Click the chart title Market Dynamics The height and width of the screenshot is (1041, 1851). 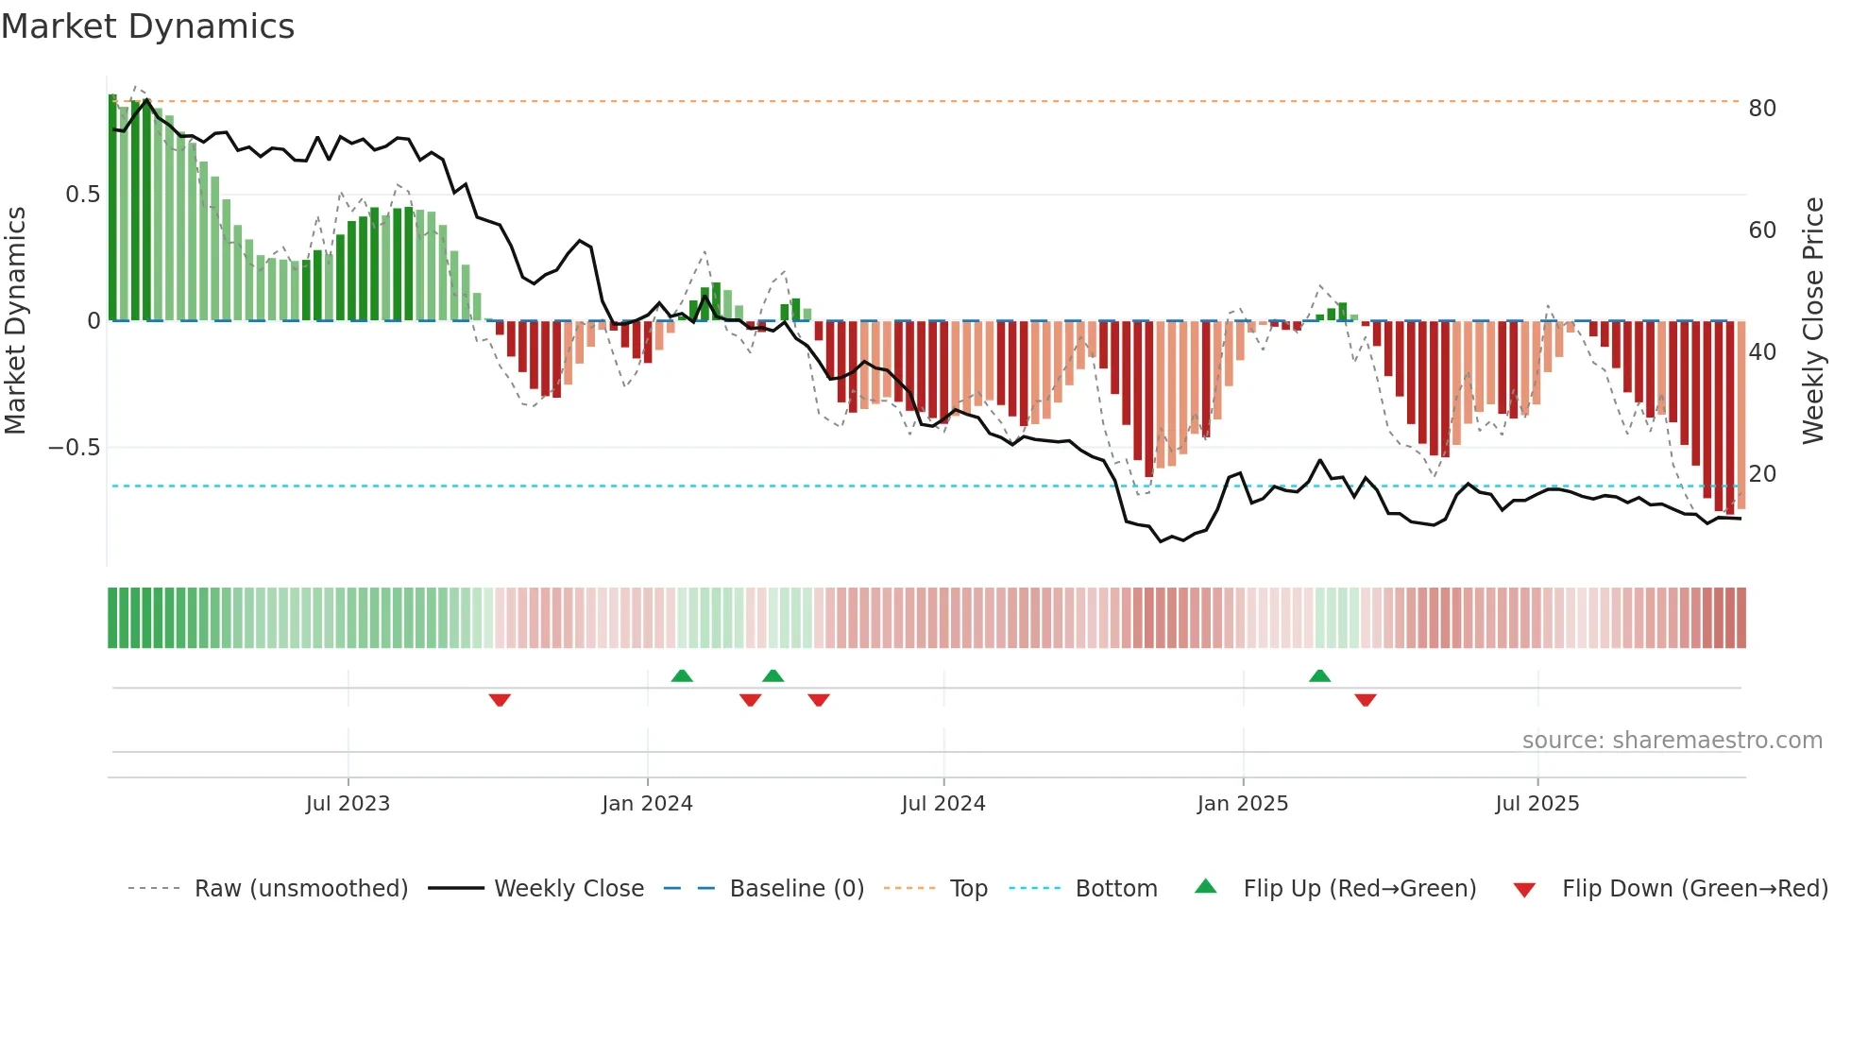pos(148,26)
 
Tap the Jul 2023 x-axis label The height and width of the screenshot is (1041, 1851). pos(348,804)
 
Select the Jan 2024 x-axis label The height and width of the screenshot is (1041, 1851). pos(647,804)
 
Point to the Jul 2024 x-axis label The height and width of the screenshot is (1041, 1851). pos(942,804)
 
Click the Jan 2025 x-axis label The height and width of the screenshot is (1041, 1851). pos(1242,804)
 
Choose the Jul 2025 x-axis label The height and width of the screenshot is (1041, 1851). pos(1537,804)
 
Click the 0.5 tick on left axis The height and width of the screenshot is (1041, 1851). pos(82,195)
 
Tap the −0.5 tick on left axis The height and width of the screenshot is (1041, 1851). pos(75,448)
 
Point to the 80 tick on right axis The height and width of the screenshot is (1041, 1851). pos(1762,109)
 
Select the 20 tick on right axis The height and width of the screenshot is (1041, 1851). pos(1762,474)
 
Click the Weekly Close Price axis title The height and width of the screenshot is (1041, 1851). pos(1812,321)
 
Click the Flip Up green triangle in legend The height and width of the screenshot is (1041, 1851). pos(1206,886)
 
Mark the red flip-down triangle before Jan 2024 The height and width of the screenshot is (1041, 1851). pos(500,700)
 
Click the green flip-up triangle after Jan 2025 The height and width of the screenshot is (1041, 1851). pos(1319,675)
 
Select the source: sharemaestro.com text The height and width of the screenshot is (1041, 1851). pos(1672,741)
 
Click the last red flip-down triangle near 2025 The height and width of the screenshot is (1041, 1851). pos(1365,700)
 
